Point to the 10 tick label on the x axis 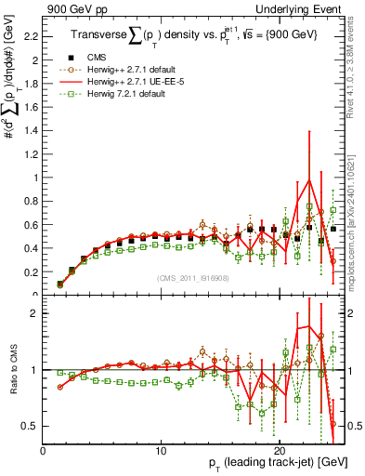[x=162, y=450]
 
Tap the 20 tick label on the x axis [x=280, y=450]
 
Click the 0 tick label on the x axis [x=43, y=450]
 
